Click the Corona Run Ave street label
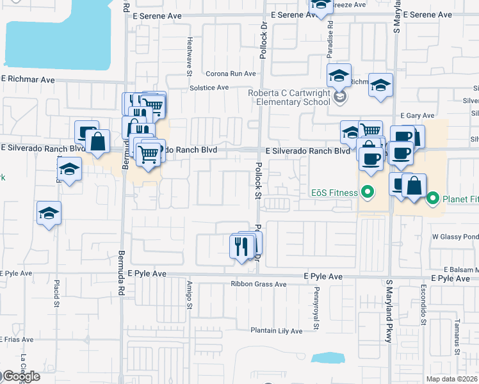[231, 74]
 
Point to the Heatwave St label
[190, 55]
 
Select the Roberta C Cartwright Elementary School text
[290, 97]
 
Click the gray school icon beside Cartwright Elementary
[341, 97]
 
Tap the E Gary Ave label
[412, 116]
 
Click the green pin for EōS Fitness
[367, 191]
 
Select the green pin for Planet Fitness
[432, 199]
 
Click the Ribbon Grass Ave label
[259, 284]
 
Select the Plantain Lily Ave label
[276, 331]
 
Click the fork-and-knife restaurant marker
[241, 247]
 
